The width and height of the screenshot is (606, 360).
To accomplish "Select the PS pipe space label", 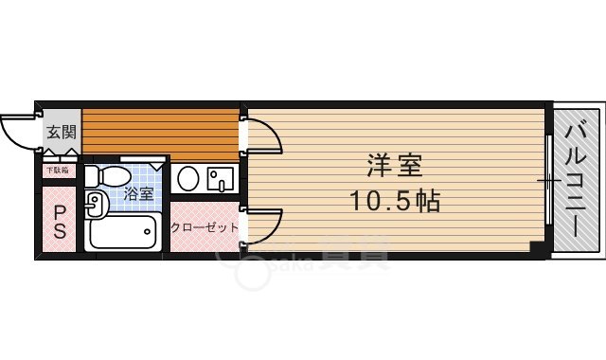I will point(59,221).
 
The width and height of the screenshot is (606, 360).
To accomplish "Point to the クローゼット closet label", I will point(204,227).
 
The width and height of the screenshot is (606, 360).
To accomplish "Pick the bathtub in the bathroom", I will point(123,231).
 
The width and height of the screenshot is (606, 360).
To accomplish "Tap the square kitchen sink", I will point(222,178).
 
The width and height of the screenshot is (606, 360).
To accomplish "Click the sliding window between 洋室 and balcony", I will point(549,179).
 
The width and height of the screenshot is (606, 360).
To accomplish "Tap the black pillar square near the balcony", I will point(537,248).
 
